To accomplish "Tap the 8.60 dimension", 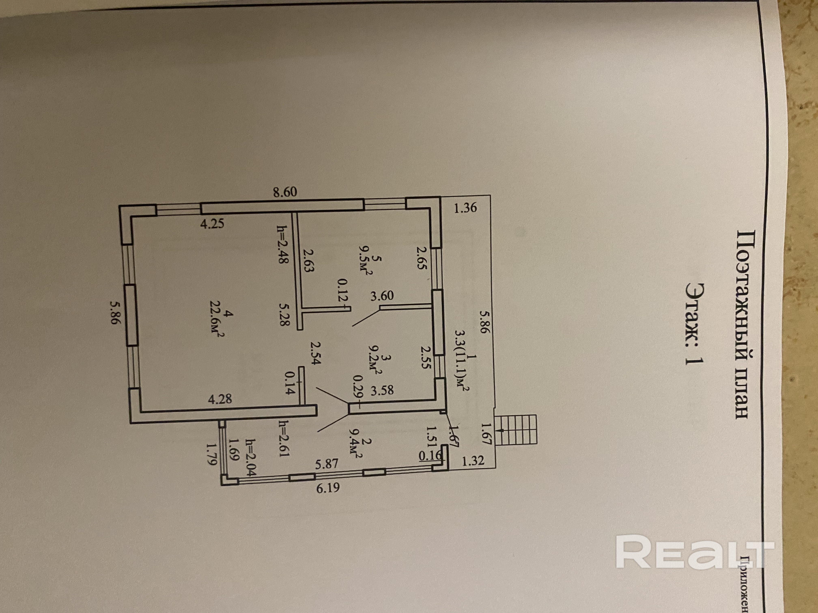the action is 285,192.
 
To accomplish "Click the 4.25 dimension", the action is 212,224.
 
